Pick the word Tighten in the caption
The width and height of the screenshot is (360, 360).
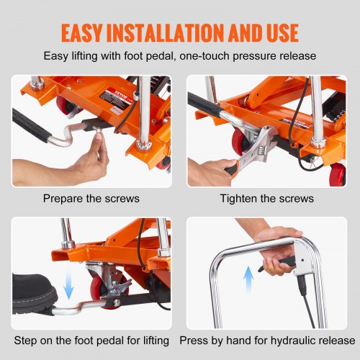pos(239,198)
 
